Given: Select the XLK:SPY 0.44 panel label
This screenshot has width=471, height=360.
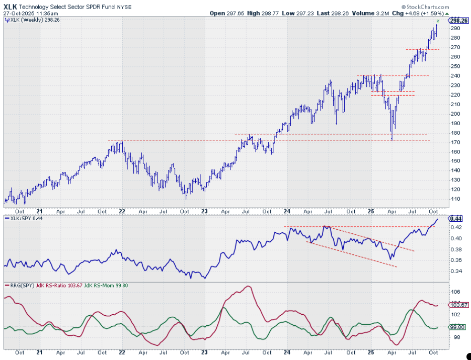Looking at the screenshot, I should point(23,219).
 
